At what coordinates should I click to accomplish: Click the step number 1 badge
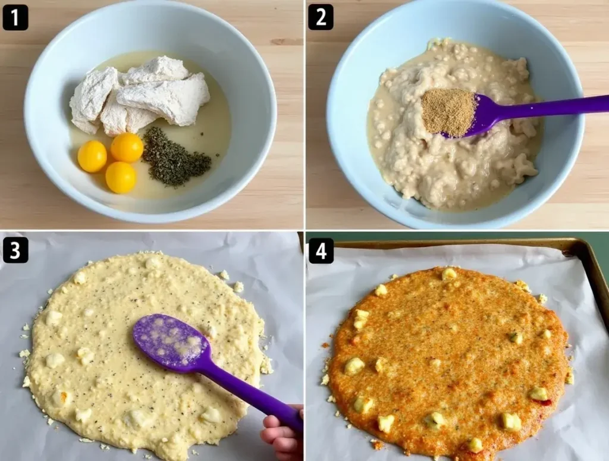point(15,17)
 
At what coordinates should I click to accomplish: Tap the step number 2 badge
point(321,17)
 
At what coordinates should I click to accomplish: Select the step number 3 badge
point(15,250)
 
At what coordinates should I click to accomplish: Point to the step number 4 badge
point(321,250)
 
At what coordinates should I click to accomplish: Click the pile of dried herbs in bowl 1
point(175,157)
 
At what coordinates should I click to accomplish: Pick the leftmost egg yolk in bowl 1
point(92,156)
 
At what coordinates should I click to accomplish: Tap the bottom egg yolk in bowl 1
point(121,177)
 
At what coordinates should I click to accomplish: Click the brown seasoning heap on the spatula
point(448,112)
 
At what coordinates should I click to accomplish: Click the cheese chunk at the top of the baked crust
point(449,274)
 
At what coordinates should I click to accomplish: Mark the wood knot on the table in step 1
point(287,42)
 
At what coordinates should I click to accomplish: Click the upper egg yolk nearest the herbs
point(127,147)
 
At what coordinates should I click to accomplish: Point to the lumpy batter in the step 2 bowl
point(454,128)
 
